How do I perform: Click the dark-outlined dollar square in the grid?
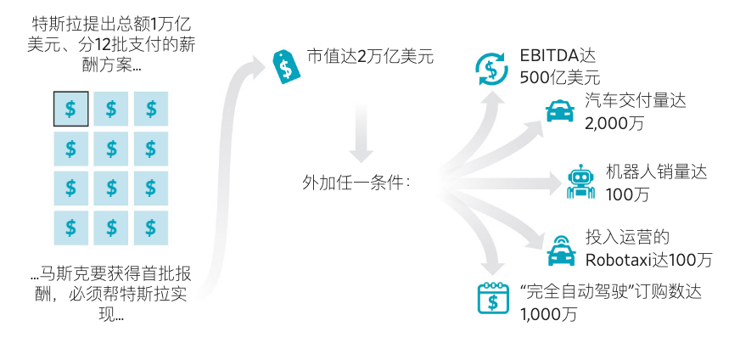[70, 109]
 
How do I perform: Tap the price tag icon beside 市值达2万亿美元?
[286, 66]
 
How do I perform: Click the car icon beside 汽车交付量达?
[558, 111]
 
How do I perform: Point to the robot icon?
[580, 182]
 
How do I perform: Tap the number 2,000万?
[614, 123]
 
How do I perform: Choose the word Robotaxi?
[618, 259]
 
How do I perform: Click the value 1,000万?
[548, 313]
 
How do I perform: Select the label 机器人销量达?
[656, 172]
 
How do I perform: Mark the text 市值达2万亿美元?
[370, 58]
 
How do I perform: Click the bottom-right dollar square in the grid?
[151, 228]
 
